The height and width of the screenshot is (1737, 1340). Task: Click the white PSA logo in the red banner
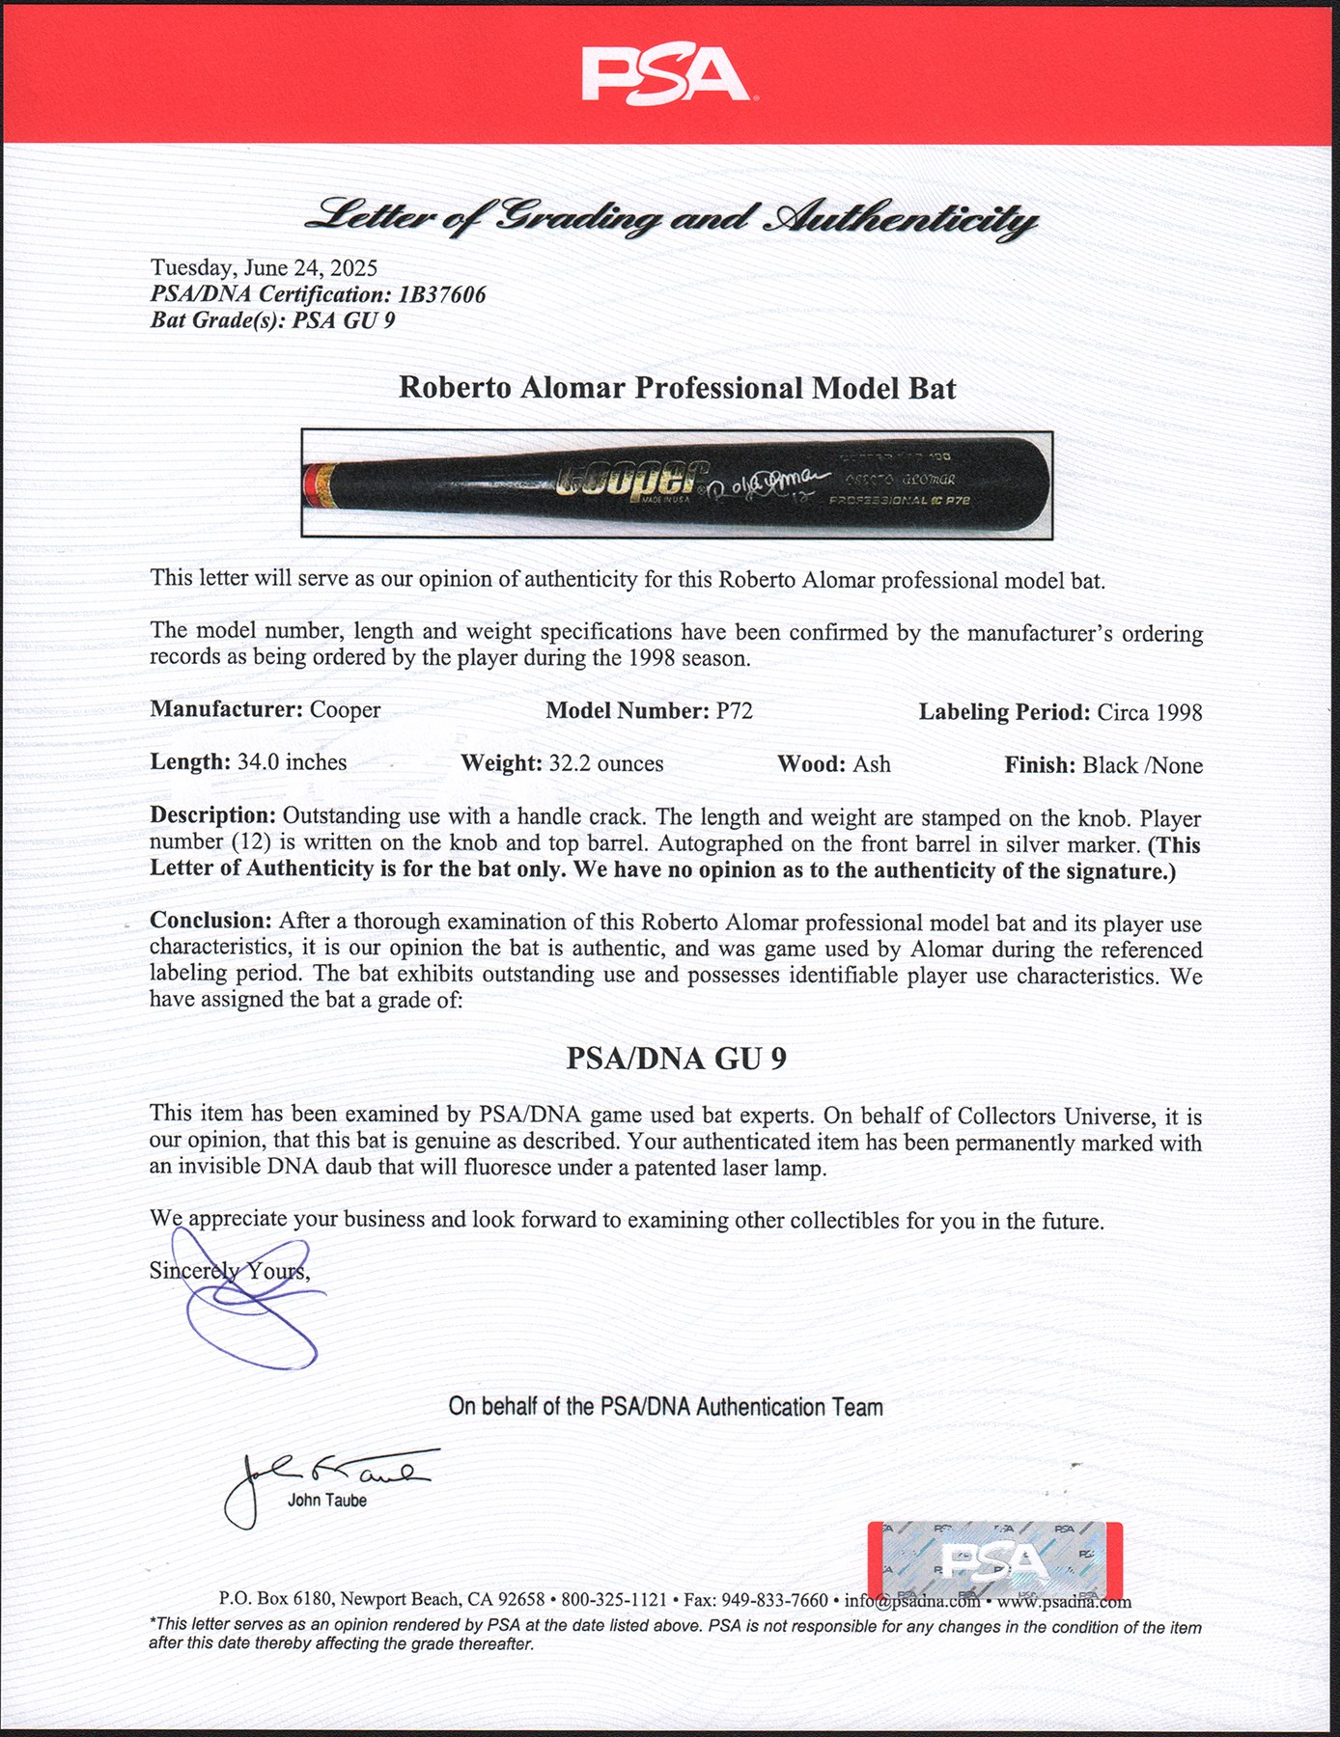pos(665,75)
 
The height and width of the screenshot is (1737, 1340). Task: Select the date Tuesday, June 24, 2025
pos(264,268)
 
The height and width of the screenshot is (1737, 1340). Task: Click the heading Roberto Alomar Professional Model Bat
pos(677,388)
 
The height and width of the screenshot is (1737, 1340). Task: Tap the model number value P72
pos(734,711)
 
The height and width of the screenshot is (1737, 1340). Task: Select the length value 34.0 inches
pos(292,762)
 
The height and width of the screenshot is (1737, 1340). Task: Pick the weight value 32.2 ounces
pos(606,763)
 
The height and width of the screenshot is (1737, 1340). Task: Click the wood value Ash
pos(871,764)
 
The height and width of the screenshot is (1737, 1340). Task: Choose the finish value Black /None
pos(1142,765)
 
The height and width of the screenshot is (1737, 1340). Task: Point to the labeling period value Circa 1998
pos(1149,712)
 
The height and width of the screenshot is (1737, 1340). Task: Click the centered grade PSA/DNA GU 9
pos(676,1059)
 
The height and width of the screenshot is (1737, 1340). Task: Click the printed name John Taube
pos(326,1501)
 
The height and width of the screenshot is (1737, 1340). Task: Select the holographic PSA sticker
pos(994,1560)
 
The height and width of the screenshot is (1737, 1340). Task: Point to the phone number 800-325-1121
pos(614,1600)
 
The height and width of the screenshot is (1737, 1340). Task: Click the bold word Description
pos(211,815)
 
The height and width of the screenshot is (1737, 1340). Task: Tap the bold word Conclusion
pos(209,921)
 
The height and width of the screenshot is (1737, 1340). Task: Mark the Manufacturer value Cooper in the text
pos(345,710)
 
